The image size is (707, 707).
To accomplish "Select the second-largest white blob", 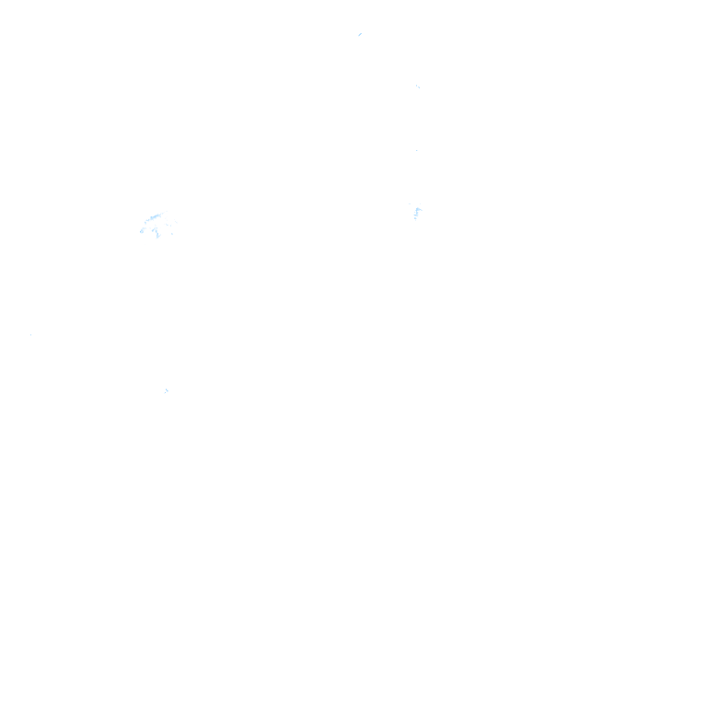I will (x=418, y=214).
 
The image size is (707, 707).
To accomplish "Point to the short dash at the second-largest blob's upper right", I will (x=421, y=203).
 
